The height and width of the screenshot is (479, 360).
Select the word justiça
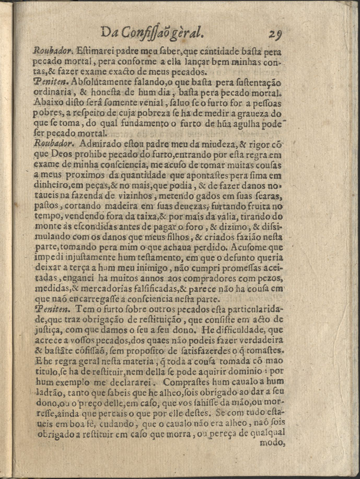pos(49,332)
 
